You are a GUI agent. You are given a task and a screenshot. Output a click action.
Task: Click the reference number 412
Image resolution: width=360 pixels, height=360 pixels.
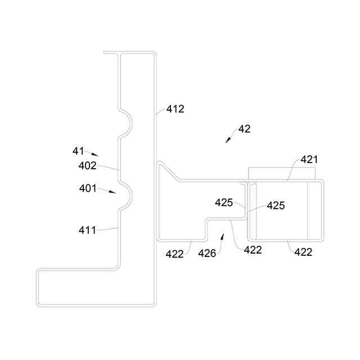[175, 109]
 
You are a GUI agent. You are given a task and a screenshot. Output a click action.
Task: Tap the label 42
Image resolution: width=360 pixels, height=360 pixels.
[245, 129]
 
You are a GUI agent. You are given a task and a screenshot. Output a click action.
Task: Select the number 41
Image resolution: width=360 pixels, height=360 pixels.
[78, 151]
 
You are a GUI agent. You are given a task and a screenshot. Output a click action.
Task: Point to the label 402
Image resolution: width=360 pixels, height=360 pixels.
[88, 166]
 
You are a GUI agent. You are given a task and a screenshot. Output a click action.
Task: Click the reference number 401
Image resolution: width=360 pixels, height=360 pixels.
[88, 188]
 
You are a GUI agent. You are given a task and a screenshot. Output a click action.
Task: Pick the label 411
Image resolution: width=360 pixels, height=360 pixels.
[88, 229]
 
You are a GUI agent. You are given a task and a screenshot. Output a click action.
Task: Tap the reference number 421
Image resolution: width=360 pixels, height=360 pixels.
[309, 160]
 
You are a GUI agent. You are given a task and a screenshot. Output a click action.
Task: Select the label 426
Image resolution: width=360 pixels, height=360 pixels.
[206, 253]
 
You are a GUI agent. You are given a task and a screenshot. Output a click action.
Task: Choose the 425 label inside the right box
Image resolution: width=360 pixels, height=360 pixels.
[276, 206]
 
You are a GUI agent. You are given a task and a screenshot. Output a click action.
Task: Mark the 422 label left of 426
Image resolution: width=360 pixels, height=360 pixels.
[174, 254]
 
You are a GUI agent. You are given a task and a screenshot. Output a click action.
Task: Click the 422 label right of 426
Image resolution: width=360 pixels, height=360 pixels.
[253, 250]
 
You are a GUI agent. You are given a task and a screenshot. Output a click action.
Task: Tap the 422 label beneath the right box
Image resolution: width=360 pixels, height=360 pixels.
[304, 251]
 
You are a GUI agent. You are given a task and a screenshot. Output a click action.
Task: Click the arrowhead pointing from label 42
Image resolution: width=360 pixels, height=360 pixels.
[228, 141]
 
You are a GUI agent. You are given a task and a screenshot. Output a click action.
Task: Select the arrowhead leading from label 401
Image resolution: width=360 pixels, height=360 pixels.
[114, 192]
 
